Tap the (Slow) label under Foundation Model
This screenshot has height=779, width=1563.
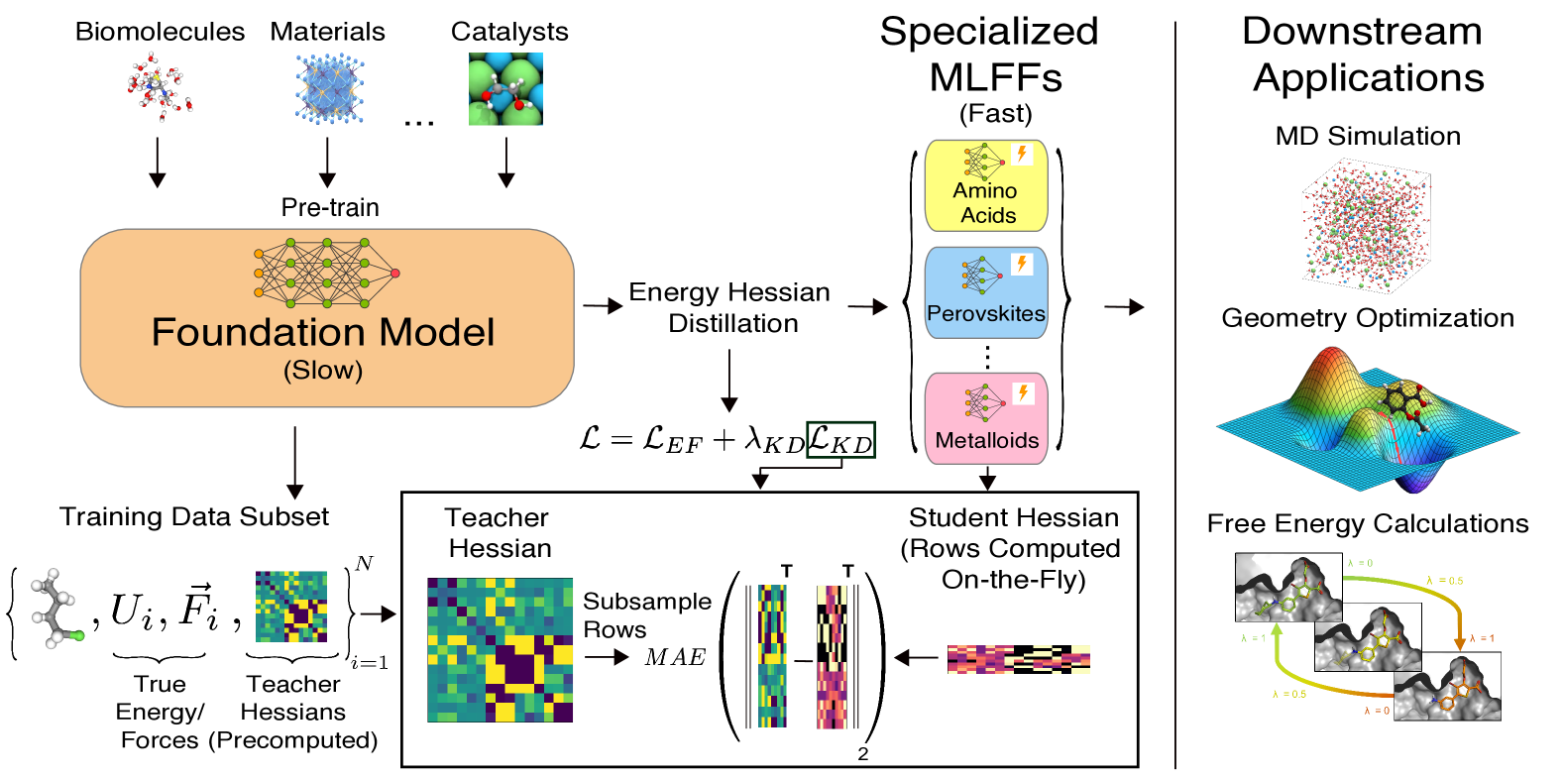point(323,371)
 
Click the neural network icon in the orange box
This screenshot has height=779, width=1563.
point(326,272)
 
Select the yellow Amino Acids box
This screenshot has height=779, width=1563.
point(986,186)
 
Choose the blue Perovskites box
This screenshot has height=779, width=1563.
point(986,293)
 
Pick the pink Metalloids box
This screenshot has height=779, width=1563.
point(986,418)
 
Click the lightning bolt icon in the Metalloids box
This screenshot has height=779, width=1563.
point(1023,393)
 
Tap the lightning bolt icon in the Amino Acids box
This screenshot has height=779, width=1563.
point(1022,155)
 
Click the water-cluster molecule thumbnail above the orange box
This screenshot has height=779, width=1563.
point(160,87)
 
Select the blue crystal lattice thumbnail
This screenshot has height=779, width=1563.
point(329,89)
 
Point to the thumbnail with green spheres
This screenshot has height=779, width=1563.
point(505,89)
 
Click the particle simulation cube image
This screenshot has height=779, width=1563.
point(1368,226)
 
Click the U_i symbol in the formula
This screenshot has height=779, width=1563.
point(132,611)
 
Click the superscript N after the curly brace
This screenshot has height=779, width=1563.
point(365,564)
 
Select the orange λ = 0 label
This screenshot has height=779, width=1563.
point(1377,711)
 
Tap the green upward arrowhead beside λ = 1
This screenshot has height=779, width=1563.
point(1278,628)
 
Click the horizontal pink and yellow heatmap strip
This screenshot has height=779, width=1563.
point(1019,659)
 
